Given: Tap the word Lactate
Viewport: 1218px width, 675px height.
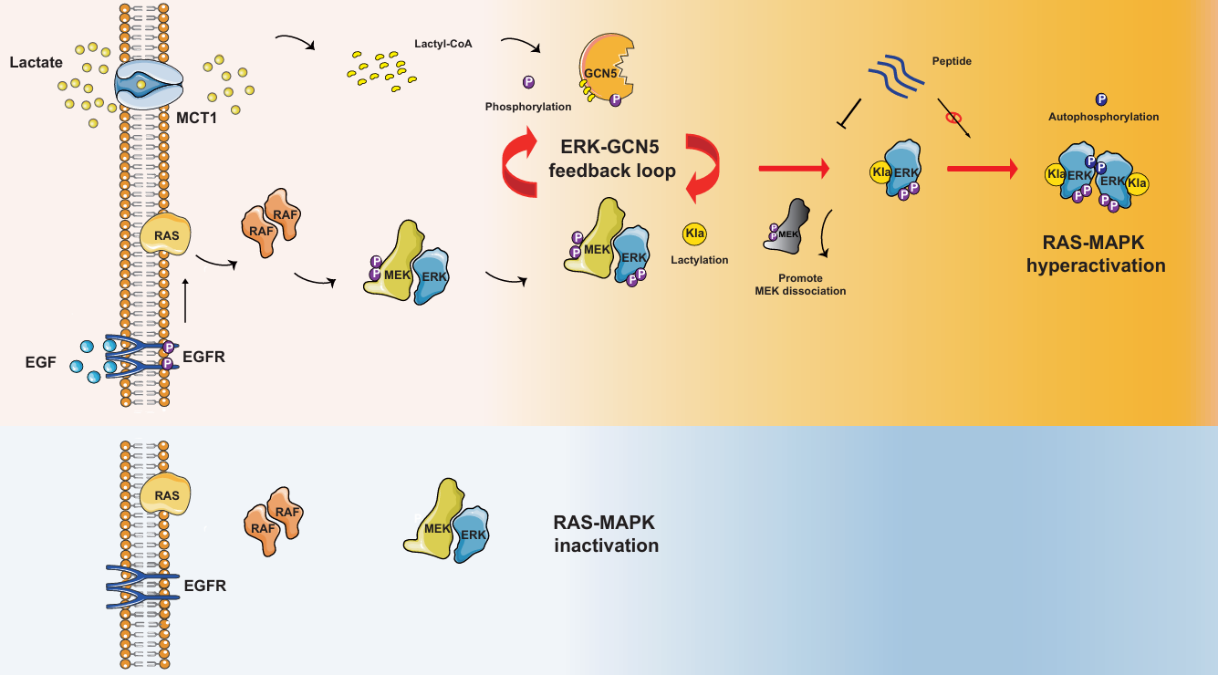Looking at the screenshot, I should point(35,63).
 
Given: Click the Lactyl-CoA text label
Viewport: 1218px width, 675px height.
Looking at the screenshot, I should point(443,43).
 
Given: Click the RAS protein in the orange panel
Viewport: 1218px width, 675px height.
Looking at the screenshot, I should point(165,236).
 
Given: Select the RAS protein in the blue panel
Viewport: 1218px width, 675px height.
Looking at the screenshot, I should point(165,494).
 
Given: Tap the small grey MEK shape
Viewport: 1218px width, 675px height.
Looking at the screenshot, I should point(785,226).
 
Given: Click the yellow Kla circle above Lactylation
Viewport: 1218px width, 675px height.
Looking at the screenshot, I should point(695,234).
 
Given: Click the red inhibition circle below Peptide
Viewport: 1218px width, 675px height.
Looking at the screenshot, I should point(953,118).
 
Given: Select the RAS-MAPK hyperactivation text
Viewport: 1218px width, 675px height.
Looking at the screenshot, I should point(1096,254).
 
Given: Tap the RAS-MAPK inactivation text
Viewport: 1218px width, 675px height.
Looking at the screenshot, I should point(605,535).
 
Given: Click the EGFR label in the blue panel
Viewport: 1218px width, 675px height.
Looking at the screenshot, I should point(204,586).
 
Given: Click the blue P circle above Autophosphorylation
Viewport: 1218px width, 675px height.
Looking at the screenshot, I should point(1101,99).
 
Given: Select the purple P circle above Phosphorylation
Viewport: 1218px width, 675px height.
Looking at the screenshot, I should point(528,82).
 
